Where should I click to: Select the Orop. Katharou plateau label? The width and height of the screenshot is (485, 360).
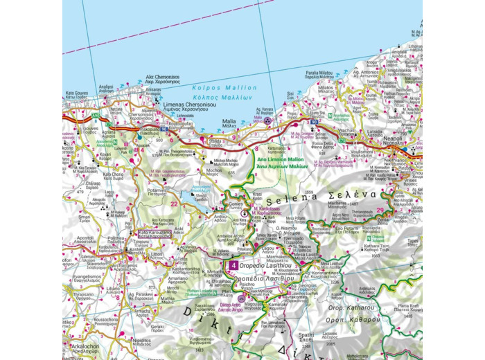click(x=351, y=307)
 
